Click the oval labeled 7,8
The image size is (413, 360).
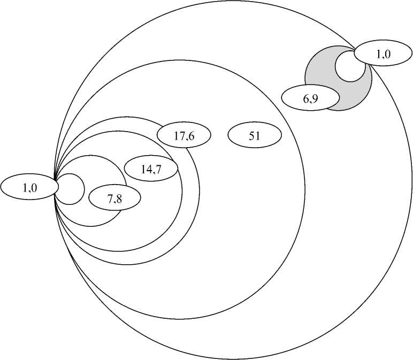[114, 199]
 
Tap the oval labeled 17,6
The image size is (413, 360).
[183, 136]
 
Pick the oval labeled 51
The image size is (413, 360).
[255, 136]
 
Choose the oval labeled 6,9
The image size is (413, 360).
[310, 98]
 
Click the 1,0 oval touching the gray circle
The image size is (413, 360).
[380, 54]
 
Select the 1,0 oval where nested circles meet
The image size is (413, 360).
[29, 187]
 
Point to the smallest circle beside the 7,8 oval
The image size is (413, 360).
[70, 189]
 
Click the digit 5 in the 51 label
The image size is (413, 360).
[252, 136]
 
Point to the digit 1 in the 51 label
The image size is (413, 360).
[257, 136]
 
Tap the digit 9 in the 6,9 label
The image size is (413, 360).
[315, 98]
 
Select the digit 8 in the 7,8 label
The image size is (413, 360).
[119, 200]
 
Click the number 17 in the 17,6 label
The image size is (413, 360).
[179, 136]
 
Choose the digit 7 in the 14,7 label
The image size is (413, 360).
[158, 170]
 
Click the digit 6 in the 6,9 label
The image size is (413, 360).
[306, 98]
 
